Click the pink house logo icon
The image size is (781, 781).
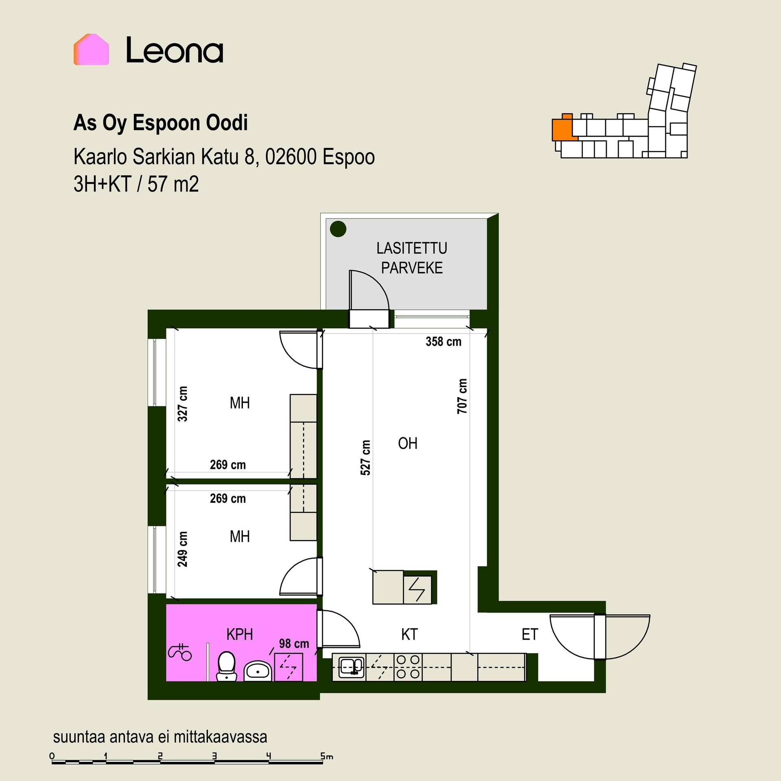[x=91, y=49]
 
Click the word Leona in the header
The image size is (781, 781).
[x=175, y=50]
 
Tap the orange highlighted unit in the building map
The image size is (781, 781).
[x=563, y=127]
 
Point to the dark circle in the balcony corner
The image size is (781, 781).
[x=338, y=229]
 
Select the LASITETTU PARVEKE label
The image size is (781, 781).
[x=412, y=258]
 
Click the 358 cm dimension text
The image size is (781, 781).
[x=443, y=341]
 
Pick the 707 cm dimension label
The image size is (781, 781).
[x=462, y=396]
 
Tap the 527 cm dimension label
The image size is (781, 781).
[x=366, y=458]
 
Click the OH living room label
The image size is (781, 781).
[x=408, y=443]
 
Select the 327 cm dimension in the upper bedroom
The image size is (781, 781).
[x=183, y=404]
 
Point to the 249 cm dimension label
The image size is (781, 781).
[x=183, y=549]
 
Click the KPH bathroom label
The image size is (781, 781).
[x=240, y=634]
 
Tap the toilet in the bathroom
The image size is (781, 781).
[x=226, y=666]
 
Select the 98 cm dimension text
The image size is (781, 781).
[x=294, y=644]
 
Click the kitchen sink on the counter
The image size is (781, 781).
[x=349, y=668]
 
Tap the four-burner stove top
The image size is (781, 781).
[x=408, y=667]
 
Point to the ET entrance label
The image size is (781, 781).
[x=530, y=635]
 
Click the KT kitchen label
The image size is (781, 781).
[x=409, y=634]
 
